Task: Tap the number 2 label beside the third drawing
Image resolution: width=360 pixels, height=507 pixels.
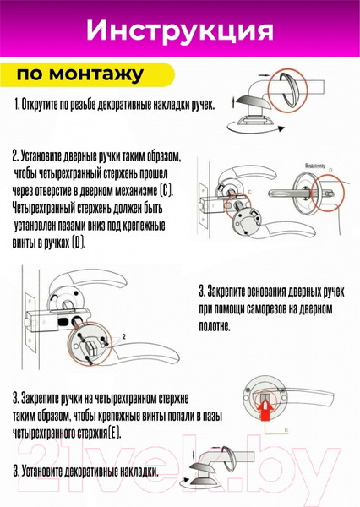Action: (x=124, y=336)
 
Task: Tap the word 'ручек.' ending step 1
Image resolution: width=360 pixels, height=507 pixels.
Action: (x=201, y=106)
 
